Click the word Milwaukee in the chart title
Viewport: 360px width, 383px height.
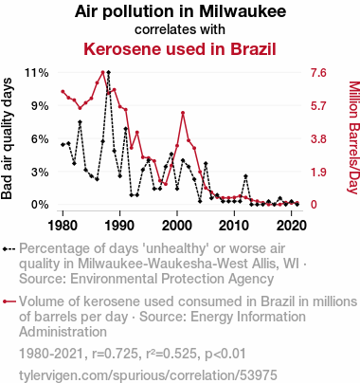[x=243, y=11]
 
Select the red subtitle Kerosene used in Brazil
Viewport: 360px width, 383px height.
[x=180, y=49]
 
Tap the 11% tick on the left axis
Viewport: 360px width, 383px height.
[x=37, y=73]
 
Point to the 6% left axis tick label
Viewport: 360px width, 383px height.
[x=40, y=139]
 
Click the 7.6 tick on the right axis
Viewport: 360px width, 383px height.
[x=318, y=73]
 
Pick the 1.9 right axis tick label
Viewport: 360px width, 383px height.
[x=318, y=173]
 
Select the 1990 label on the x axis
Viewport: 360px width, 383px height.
[x=120, y=226]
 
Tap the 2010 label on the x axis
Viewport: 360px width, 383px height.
[x=234, y=226]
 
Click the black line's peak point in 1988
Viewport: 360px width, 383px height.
[x=109, y=72]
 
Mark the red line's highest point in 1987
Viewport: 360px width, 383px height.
[x=103, y=72]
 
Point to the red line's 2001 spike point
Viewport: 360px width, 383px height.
[x=183, y=113]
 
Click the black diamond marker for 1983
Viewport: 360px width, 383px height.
[x=81, y=122]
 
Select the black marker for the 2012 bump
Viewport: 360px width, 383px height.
[x=245, y=176]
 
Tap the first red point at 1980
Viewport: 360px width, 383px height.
[x=63, y=92]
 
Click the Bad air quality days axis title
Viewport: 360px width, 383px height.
[x=7, y=138]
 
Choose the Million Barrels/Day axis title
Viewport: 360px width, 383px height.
[x=354, y=137]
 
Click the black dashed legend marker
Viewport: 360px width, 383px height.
[x=9, y=249]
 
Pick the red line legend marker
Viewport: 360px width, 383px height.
[x=9, y=301]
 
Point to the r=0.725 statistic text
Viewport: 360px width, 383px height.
[x=115, y=354]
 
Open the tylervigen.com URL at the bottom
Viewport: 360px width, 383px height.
[x=148, y=375]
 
